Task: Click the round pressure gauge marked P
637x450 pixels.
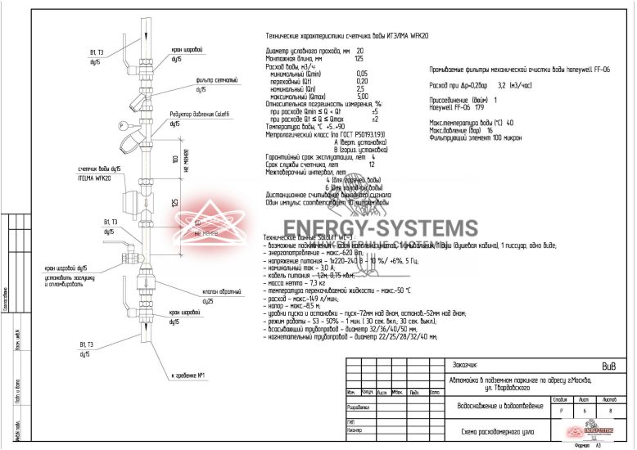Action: coord(123,125)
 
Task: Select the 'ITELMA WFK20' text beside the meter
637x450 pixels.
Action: coord(93,178)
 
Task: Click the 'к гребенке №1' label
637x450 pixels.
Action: coord(187,376)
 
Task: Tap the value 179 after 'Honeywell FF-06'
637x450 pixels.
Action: coord(480,106)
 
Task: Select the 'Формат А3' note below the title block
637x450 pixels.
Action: coord(587,444)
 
